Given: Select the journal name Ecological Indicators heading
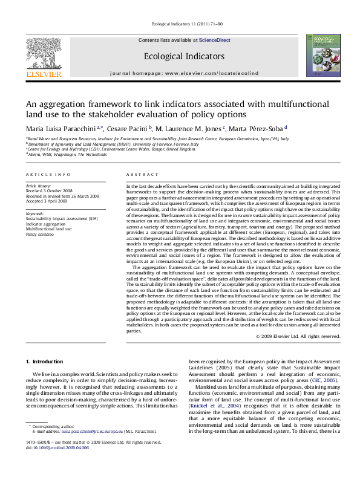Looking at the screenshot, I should pyautogui.click(x=180, y=56).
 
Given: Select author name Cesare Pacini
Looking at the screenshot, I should pyautogui.click(x=130, y=128).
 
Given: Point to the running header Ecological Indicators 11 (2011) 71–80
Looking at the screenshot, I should pyautogui.click(x=180, y=24).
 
